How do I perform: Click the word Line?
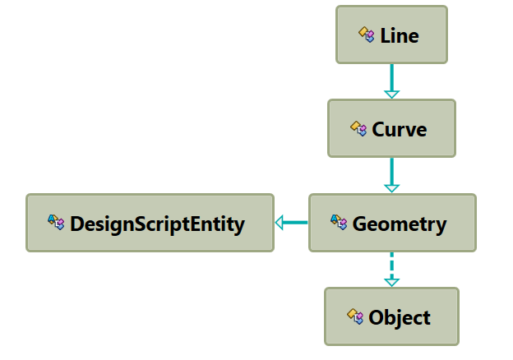coord(400,35)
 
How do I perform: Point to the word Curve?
coord(400,129)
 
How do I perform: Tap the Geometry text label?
coord(400,224)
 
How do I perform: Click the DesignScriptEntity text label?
coord(158,224)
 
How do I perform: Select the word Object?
coord(400,317)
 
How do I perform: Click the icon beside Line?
coord(367,35)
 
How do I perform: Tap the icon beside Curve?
coord(358,128)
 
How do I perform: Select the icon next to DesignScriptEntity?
coord(56,222)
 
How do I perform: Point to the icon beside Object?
coord(355,316)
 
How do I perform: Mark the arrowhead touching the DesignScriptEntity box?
coord(280,222)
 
